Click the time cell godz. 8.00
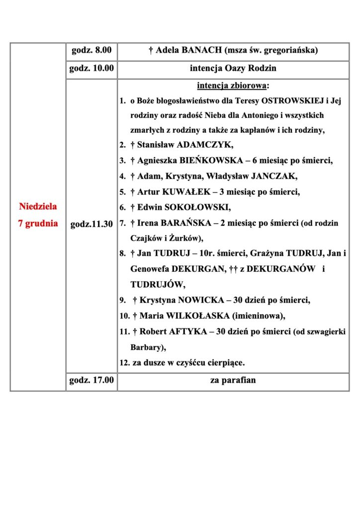(91, 51)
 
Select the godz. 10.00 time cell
(91, 69)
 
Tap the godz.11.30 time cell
(91, 224)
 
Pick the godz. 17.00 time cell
(91, 381)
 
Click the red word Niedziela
(38, 206)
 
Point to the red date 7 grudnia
(38, 223)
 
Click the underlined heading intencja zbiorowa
(232, 85)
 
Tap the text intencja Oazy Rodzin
(233, 69)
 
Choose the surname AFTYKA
(184, 331)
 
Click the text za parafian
(233, 381)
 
